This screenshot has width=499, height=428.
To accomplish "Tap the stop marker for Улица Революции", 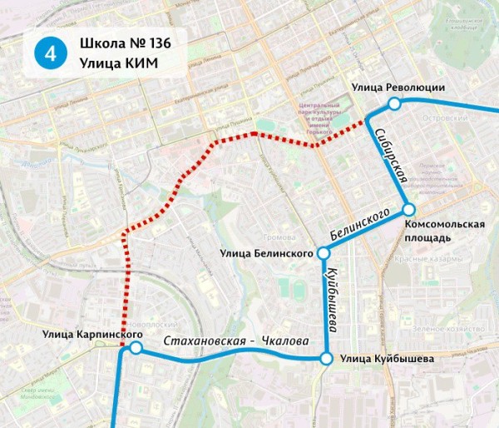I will coord(393,103).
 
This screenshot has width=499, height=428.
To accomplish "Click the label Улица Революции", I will coord(398,87).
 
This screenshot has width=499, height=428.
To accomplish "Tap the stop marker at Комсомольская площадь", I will coord(408,210).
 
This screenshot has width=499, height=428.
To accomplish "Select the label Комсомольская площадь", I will coord(444,231).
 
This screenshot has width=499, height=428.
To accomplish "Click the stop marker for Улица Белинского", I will coord(324,253).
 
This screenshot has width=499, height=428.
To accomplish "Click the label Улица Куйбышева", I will coord(387,360).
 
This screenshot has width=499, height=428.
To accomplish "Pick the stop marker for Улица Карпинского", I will coord(136,347).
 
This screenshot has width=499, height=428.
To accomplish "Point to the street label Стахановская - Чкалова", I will coord(236,341).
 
